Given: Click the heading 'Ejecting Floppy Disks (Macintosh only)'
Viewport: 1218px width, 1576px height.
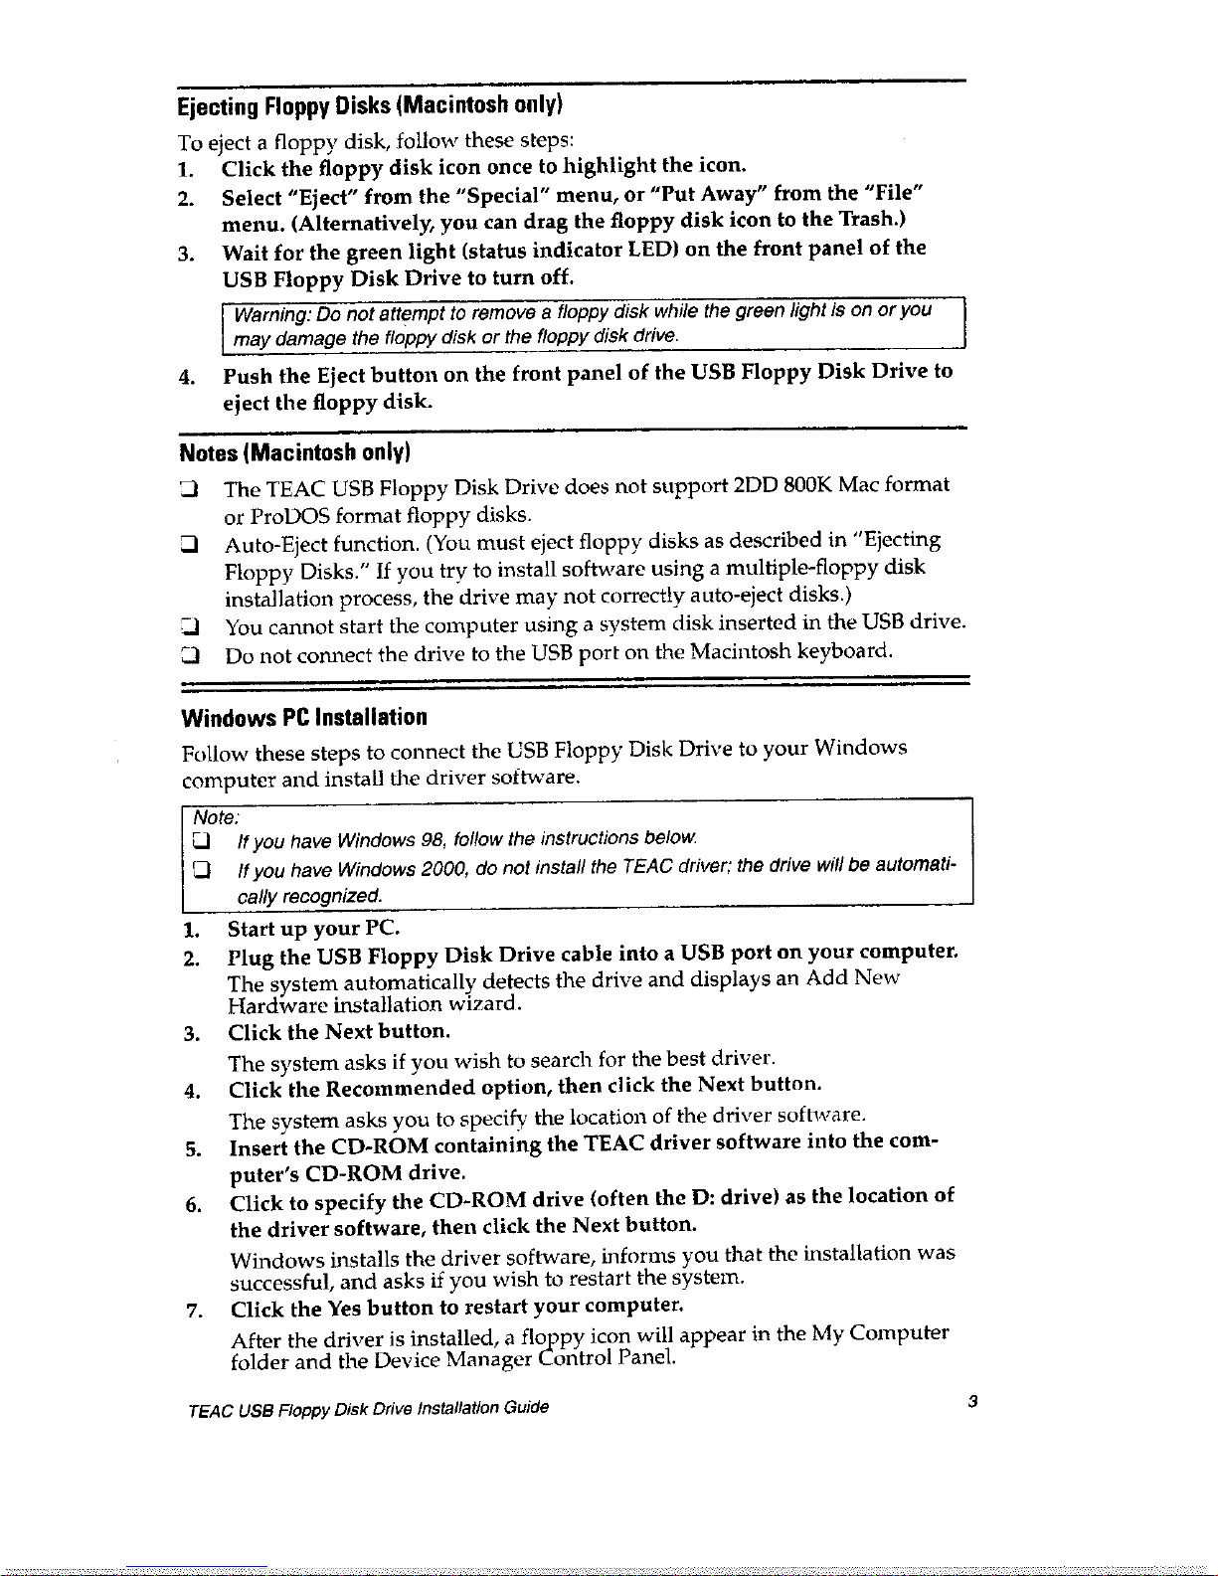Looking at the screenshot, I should tap(370, 105).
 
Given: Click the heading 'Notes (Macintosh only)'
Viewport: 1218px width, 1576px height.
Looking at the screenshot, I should tap(294, 453).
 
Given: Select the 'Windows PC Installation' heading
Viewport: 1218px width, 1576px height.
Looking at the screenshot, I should tap(304, 718).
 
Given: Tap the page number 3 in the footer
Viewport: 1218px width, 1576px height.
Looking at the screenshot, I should tap(973, 1402).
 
